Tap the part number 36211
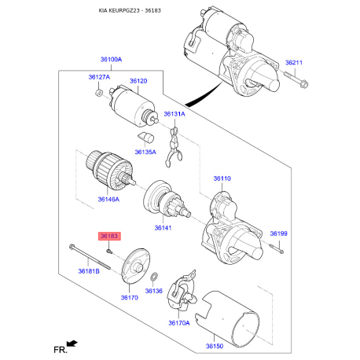[x=294, y=62]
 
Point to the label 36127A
[x=99, y=78]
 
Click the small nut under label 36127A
[x=97, y=94]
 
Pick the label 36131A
[x=174, y=114]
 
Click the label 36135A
[x=145, y=151]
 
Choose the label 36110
[x=222, y=178]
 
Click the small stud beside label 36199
[x=277, y=250]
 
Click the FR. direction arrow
[x=74, y=342]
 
